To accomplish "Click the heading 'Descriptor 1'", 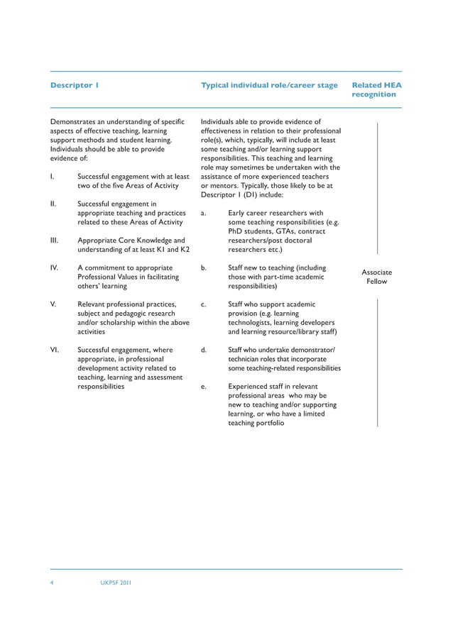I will tap(74, 85).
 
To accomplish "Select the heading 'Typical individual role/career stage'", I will tap(269, 85).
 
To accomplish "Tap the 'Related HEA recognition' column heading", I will tap(376, 89).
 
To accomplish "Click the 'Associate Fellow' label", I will tap(376, 277).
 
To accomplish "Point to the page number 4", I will tap(52, 583).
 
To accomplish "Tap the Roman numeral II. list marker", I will tap(53, 204).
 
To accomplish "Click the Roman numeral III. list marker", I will tap(54, 241).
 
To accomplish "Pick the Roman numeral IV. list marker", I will tap(54, 268).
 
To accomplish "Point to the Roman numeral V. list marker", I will tap(53, 304).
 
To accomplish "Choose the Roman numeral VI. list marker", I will tap(54, 350).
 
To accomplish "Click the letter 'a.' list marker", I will tap(204, 213).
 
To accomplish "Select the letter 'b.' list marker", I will tap(204, 268).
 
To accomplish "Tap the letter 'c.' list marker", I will tap(204, 304).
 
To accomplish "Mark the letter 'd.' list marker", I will tap(204, 350).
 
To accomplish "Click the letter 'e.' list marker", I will tap(204, 387).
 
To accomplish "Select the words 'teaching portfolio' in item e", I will tap(256, 423).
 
